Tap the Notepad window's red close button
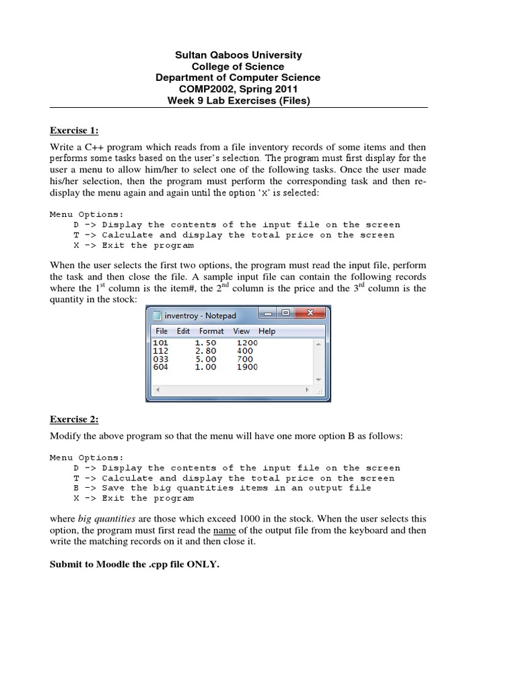310,313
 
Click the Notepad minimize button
269,313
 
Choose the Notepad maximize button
285,313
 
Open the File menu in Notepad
162,331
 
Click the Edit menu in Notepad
183,331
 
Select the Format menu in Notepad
211,331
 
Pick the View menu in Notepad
241,331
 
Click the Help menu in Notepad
267,331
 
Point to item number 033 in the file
162,359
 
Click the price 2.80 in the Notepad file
205,351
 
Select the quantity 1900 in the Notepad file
247,367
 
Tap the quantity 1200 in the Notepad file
247,343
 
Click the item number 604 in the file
162,367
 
